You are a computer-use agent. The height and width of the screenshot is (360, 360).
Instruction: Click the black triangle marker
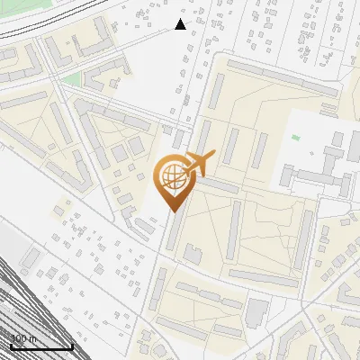(x=180, y=24)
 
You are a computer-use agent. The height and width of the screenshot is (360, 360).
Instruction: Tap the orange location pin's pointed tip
(x=171, y=211)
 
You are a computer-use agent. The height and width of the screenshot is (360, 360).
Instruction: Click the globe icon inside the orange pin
(x=171, y=176)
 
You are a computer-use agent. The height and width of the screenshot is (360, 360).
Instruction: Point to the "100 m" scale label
(x=24, y=338)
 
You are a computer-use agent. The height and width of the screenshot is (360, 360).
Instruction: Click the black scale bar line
(x=41, y=346)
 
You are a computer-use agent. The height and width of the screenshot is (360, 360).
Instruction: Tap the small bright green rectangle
(x=295, y=138)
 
